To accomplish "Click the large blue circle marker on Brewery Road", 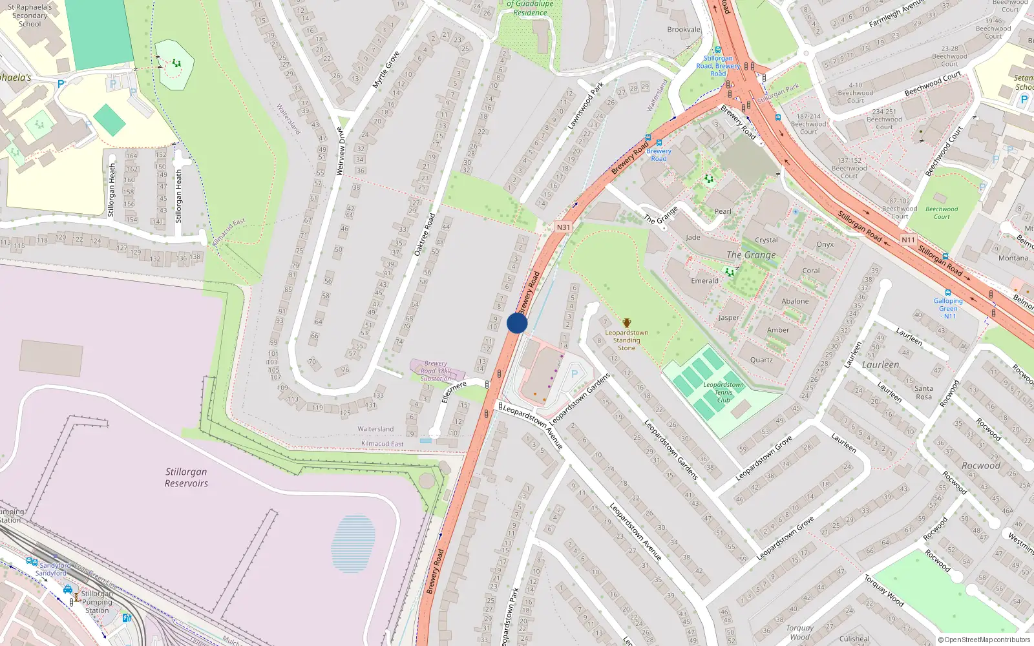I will coord(517,323).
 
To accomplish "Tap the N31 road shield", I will coord(564,227).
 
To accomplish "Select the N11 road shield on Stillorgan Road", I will coord(908,240).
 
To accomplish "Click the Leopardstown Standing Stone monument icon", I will coord(626,322).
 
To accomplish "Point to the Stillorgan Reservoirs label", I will coord(186,477).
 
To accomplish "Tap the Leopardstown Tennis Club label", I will coord(723,392).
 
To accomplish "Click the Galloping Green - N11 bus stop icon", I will coord(947,293).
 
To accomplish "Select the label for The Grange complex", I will coord(751,255).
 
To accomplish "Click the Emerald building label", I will coord(704,281).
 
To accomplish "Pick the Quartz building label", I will coord(761,360).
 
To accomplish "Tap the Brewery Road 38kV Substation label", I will coord(436,371).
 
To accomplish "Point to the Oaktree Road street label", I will coord(425,234).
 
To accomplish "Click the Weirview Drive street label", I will coord(341,151).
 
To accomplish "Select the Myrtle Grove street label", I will coord(386,70).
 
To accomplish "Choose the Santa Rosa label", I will coord(923,392).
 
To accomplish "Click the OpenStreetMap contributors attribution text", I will coord(984,640).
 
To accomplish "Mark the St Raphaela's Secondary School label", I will coord(29,16).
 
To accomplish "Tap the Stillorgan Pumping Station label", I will coord(97,602).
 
